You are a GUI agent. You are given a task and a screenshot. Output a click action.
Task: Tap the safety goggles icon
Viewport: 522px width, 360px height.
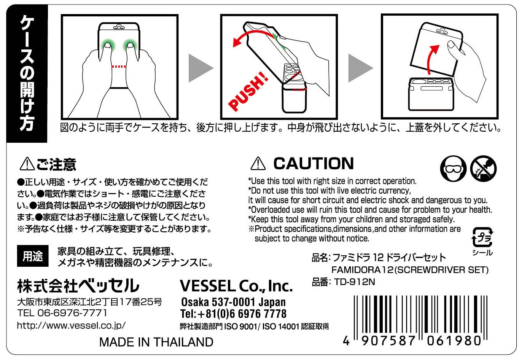[x=453, y=168]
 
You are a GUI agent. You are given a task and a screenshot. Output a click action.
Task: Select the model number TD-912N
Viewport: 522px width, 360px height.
[x=354, y=282]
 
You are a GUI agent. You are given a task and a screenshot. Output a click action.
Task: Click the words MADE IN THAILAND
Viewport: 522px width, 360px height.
[x=156, y=342]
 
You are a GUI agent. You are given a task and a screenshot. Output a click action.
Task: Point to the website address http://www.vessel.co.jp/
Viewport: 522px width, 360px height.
[x=71, y=325]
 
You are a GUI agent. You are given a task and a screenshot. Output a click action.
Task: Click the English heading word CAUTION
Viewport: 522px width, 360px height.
[x=314, y=163]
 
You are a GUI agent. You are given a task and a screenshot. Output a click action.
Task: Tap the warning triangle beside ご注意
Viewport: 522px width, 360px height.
[x=27, y=164]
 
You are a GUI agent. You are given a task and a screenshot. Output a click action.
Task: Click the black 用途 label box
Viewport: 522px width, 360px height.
[x=33, y=256]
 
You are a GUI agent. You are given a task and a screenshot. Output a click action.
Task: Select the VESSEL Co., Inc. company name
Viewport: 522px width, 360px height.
[x=236, y=286]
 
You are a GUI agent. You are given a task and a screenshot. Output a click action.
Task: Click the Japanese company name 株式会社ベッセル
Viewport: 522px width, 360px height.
[x=78, y=286]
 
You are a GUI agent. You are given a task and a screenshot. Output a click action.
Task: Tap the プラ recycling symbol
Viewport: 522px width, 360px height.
[x=482, y=237]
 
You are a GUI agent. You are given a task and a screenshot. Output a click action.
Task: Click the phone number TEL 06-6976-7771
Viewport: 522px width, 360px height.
[x=62, y=313]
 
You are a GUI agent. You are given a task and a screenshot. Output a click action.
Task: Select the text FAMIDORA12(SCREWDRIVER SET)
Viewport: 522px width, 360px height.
[x=410, y=270]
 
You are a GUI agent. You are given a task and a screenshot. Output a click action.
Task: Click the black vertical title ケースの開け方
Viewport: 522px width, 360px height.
[x=27, y=73]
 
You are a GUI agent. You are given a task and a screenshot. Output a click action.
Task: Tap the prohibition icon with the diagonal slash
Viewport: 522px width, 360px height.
[x=483, y=168]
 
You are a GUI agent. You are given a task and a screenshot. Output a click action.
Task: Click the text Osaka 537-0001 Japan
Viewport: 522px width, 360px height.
[x=233, y=302]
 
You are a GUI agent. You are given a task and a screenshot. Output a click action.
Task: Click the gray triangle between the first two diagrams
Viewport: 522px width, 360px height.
[x=201, y=68]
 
